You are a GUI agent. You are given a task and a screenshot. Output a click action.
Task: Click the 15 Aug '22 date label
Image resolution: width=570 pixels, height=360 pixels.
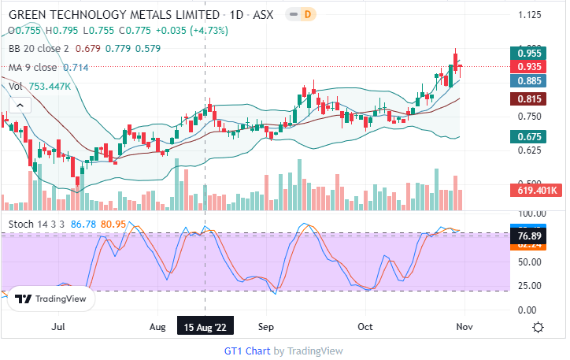205,326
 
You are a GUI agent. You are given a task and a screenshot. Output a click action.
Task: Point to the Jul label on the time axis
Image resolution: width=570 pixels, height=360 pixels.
57,326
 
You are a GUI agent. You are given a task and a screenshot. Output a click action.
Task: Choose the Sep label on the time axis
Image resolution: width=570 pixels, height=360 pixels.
265,326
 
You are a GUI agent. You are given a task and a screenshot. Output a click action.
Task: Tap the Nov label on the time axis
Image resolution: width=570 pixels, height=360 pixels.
465,326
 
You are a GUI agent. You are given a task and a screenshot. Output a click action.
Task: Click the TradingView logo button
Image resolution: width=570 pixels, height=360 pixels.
49,299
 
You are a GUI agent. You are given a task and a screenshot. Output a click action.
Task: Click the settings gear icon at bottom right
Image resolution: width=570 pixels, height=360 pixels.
539,327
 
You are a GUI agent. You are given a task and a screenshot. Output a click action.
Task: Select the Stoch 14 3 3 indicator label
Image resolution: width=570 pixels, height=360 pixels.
36,225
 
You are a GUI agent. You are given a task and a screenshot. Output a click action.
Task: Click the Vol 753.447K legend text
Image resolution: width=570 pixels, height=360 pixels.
40,87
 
